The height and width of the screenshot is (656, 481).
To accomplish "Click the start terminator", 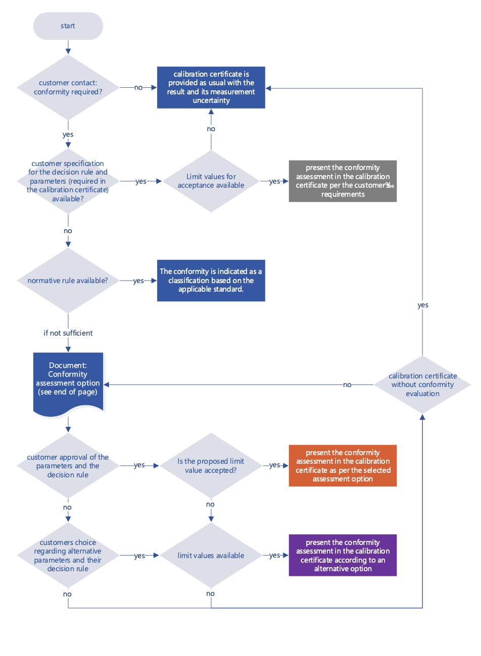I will coord(68,26).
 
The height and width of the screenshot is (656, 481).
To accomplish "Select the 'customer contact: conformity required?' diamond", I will coord(68,87).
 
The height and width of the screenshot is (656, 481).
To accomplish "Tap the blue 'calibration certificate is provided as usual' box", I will coord(211,87).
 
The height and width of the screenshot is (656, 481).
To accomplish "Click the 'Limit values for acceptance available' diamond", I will coord(211,181).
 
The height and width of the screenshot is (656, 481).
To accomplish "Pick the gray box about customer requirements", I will coord(343,181).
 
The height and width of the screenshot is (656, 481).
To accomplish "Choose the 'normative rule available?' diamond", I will coord(68,281).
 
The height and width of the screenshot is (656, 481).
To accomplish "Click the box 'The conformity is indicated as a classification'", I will coord(211,281).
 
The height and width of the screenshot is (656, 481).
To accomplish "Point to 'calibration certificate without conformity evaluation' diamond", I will coord(422,385).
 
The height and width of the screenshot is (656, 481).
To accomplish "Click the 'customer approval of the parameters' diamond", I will coord(68,466).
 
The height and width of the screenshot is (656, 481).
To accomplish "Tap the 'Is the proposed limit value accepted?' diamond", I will coord(211,466).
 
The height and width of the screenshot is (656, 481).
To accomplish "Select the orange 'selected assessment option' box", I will coord(343,466).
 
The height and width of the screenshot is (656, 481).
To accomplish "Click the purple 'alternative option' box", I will coord(343,556).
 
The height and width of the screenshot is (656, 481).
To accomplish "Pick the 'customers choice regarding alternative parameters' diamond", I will coord(68,556).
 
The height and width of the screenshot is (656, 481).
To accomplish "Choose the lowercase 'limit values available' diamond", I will coord(211,556).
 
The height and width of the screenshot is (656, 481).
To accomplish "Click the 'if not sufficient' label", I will coord(68,333).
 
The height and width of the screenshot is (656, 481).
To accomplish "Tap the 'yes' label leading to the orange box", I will coord(274,465).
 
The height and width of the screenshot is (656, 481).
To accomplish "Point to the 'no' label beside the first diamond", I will coord(138,88).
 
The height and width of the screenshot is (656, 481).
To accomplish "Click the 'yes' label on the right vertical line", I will coord(423,305).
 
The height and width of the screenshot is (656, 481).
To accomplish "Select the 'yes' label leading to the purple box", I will coord(274,556).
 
